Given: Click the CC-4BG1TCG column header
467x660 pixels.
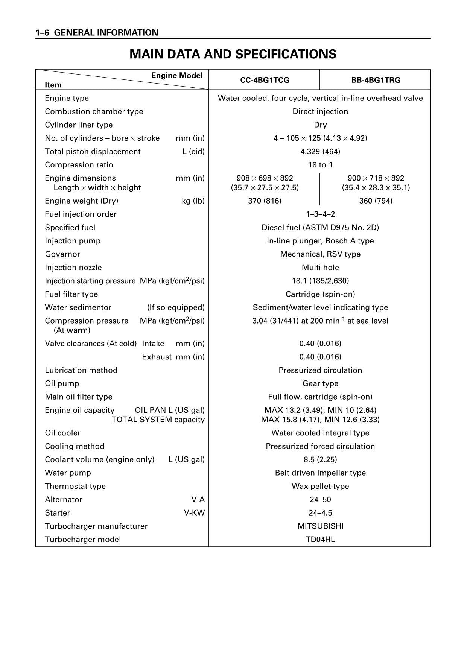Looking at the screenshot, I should coord(265,80).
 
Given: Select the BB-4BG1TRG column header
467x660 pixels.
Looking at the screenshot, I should coord(376,80).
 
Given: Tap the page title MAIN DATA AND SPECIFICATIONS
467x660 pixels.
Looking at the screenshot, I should coord(233,54).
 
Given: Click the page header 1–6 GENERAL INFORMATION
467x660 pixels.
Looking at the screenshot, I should coord(97,33).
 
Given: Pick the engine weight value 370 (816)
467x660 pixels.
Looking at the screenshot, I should coord(265,201).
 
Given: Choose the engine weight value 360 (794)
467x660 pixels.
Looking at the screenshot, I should coord(376,201).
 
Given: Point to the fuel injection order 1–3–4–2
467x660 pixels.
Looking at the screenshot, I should coord(320,214).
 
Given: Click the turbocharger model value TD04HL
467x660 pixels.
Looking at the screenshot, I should coord(320,540).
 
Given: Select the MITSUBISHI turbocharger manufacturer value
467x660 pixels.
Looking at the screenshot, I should coord(320,526).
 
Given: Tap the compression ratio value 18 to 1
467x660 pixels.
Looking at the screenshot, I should coord(320,165).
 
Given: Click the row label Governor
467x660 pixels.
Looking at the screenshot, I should coord(62,254).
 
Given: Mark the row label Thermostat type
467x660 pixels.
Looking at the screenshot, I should coord(75,486).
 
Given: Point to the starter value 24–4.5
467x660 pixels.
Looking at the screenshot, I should coord(320,513).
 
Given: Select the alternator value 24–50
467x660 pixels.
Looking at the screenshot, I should coord(320,500).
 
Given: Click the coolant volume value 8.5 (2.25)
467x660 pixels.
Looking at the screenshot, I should coord(320,459).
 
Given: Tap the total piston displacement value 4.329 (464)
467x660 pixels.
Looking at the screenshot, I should coord(320,152).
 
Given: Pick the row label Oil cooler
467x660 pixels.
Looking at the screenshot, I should coord(63,433).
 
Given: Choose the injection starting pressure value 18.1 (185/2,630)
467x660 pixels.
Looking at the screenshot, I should coord(320,281).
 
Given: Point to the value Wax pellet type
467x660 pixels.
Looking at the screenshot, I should coord(320,486).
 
